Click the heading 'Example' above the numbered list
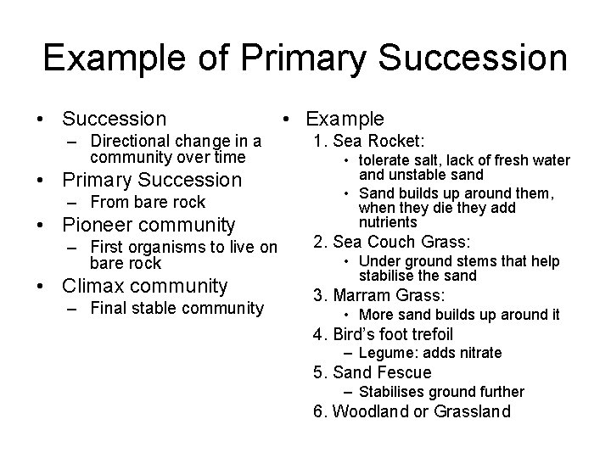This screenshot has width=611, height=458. pyautogui.click(x=345, y=120)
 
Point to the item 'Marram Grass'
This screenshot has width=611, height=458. pyautogui.click(x=389, y=295)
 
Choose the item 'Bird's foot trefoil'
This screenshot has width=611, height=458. pyautogui.click(x=393, y=334)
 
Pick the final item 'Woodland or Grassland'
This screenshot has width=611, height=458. pyautogui.click(x=422, y=412)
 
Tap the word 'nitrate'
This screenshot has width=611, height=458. pyautogui.click(x=479, y=353)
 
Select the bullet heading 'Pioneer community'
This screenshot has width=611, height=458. pyautogui.click(x=149, y=225)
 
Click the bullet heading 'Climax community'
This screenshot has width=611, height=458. pyautogui.click(x=145, y=286)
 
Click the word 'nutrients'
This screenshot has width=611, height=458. pyautogui.click(x=388, y=222)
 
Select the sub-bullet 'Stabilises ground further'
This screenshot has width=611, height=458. pyautogui.click(x=441, y=392)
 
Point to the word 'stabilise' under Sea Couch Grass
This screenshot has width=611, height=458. pyautogui.click(x=388, y=276)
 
